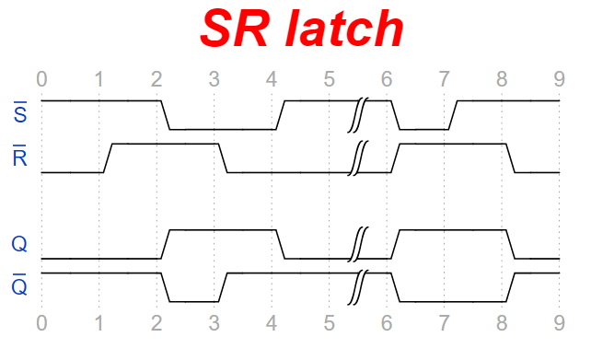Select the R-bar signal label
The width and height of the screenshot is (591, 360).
[x=19, y=157]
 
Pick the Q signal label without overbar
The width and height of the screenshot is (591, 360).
[x=19, y=245]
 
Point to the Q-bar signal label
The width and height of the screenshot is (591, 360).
[x=19, y=286]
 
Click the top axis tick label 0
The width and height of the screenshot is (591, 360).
[x=41, y=78]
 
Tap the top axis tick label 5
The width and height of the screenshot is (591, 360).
[x=329, y=78]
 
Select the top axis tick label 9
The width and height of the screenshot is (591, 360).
[x=559, y=78]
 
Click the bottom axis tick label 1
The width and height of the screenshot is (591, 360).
[x=98, y=322]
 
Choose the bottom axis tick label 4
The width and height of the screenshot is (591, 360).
[x=272, y=322]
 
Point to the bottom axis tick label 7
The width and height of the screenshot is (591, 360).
[x=444, y=322]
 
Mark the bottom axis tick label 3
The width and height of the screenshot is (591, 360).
[x=214, y=322]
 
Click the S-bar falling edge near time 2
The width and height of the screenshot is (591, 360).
[x=165, y=115]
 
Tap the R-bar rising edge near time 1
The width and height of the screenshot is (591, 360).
[x=107, y=157]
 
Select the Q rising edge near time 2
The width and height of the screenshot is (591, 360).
[x=165, y=244]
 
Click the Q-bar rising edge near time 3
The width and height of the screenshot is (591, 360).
[x=222, y=286]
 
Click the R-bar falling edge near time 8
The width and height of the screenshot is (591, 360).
[x=510, y=157]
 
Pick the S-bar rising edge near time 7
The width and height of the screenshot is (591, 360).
[x=452, y=115]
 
